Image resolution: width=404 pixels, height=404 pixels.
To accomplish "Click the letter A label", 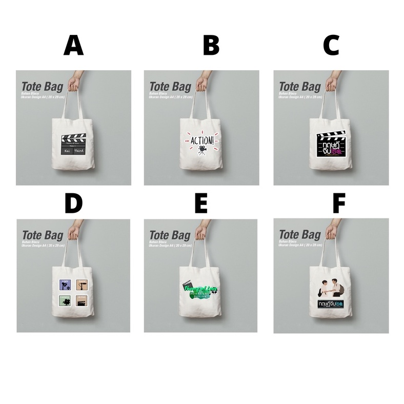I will tap(73, 46).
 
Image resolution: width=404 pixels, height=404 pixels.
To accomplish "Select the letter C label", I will tap(331, 46).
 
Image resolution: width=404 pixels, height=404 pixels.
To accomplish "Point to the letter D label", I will tap(73, 204).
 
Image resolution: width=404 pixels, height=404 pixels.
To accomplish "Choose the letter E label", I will tap(200, 204).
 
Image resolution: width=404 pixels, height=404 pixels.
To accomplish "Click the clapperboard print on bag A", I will tap(73, 145).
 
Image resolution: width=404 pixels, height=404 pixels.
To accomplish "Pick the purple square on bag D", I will tap(65, 285).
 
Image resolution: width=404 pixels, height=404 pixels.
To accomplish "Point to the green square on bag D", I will tap(65, 301).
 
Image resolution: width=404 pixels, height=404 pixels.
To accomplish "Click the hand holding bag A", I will tap(76, 80).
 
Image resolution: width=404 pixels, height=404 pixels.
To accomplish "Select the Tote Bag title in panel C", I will tap(299, 87).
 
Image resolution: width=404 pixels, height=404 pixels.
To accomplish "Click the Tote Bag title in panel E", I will tap(170, 235).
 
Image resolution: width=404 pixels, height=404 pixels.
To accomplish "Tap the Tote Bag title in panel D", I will tap(43, 235).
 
